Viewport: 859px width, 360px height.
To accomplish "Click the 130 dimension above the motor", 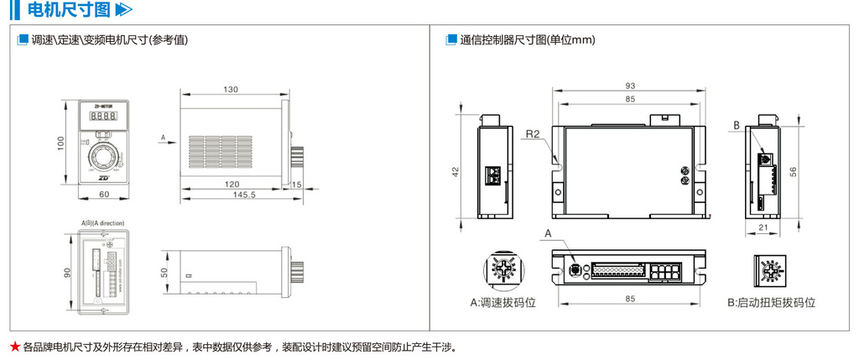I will tap(231, 90).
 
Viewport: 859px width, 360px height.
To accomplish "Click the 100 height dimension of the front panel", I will tap(61, 144).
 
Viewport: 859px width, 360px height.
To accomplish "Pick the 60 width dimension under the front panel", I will tap(104, 195).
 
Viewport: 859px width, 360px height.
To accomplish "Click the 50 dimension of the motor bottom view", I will tap(164, 272).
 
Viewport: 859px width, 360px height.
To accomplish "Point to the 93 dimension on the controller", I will tap(629, 86).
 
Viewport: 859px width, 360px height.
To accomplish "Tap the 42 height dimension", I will tap(456, 171).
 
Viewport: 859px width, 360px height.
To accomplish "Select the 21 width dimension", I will tap(763, 227).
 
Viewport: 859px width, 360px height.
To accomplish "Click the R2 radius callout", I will tap(533, 134).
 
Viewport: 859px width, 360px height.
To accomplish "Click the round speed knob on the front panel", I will tap(104, 156).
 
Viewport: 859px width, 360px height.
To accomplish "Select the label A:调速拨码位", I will tap(502, 302).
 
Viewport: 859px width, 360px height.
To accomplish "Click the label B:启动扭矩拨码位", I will tap(772, 302).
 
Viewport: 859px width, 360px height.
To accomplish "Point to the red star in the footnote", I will tap(14, 347).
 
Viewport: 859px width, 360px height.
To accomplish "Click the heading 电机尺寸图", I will tap(69, 11).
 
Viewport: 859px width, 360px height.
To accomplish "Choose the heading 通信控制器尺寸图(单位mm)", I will tap(528, 39).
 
